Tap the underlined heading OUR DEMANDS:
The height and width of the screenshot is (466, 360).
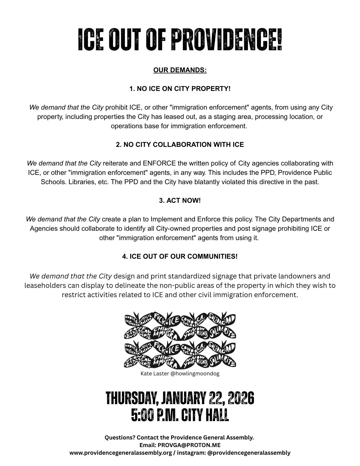point(180,70)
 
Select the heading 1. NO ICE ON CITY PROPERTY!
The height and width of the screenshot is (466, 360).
point(180,89)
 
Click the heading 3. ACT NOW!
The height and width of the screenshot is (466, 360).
point(180,201)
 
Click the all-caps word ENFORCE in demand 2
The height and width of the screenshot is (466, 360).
point(159,163)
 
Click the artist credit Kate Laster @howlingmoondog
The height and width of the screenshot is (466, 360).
point(180,373)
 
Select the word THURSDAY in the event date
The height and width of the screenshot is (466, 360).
point(131,398)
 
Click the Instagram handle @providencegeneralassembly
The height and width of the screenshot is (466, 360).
point(249,453)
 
